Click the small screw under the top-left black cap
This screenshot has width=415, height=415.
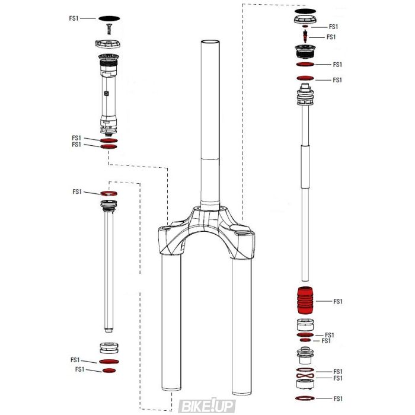108,27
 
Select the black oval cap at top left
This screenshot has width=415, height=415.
108,18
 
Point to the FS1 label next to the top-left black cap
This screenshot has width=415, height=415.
74,18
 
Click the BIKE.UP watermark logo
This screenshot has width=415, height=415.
207,406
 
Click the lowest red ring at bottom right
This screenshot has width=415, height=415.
304,398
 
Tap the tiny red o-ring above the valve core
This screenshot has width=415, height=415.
304,27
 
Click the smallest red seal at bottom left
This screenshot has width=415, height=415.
109,371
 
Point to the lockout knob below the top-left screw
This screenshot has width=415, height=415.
108,44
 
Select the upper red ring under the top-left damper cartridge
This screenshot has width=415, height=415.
108,140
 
